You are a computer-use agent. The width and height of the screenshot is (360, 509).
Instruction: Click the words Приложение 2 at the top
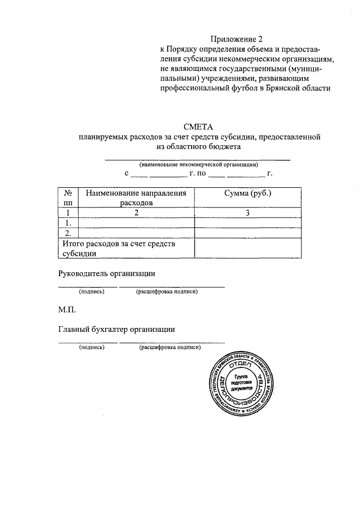237,39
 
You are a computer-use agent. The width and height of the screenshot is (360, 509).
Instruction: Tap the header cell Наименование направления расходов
136,197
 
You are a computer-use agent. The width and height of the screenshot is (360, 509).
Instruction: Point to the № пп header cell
68,197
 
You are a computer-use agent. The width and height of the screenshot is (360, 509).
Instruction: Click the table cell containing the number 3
247,213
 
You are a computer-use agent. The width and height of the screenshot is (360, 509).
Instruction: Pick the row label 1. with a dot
68,223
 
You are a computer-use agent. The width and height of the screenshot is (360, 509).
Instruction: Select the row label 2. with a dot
68,233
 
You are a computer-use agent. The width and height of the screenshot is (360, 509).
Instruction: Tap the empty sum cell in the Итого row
247,248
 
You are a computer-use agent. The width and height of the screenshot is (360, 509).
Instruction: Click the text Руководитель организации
106,273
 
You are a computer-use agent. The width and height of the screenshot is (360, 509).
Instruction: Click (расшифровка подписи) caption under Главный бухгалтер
170,348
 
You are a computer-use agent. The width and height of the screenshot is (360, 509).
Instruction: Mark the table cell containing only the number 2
136,213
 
